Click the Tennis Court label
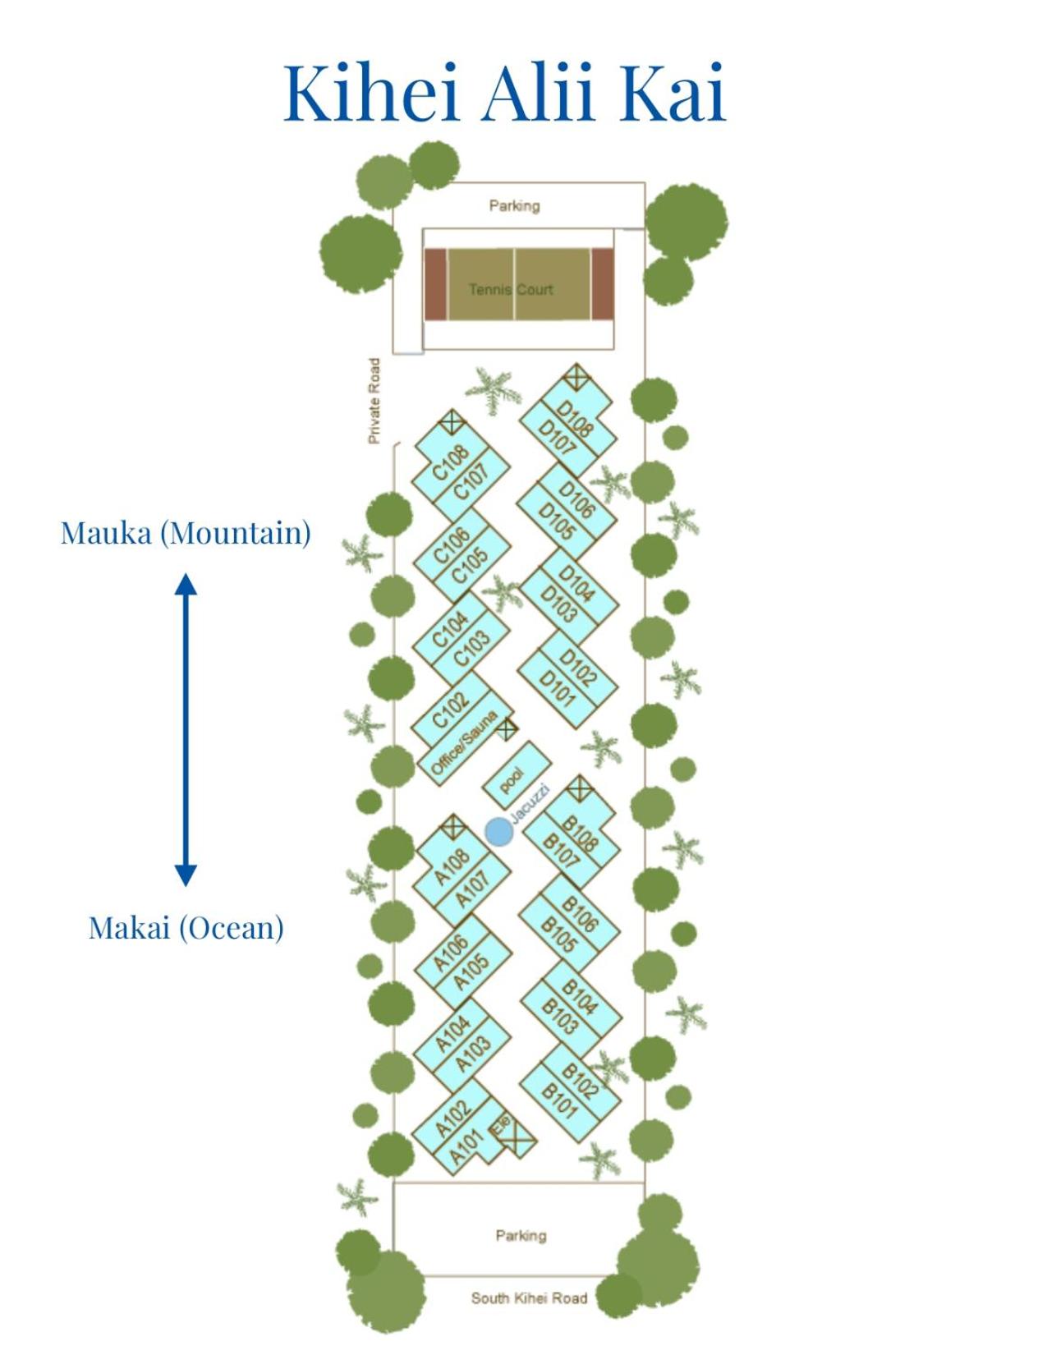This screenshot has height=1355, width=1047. [x=511, y=289]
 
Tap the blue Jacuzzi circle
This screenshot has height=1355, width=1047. [x=499, y=832]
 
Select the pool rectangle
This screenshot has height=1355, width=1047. [x=517, y=776]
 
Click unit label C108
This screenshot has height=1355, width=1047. [x=450, y=463]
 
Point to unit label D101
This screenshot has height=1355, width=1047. [x=557, y=687]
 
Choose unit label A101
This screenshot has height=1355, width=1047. [x=466, y=1146]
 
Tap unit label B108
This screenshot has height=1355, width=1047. [x=580, y=834]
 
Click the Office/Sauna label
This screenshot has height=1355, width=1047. [x=464, y=744]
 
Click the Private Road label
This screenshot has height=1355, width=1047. [x=374, y=401]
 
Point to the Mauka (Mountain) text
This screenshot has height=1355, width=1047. [x=186, y=533]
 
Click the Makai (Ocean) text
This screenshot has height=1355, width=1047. [x=186, y=927]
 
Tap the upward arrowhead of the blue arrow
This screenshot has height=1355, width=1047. [x=186, y=584]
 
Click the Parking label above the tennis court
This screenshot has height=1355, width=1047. [x=514, y=206]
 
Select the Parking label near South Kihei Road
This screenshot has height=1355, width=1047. [x=521, y=1235]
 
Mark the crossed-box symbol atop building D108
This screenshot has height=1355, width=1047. [x=576, y=378]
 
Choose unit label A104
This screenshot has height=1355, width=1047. [x=452, y=1034]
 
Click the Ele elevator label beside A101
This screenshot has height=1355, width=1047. [x=502, y=1124]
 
